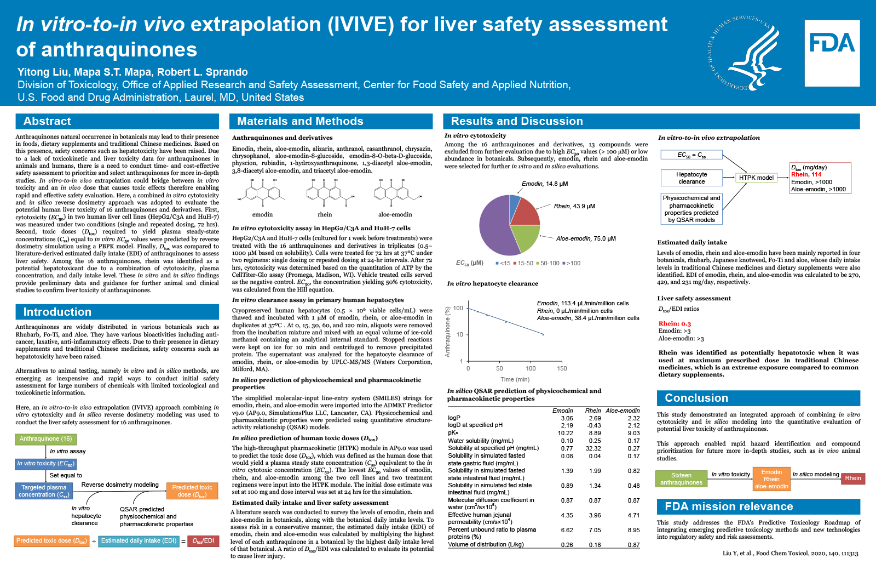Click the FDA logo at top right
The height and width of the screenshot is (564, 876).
pos(832,53)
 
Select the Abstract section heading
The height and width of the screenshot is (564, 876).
pos(47,121)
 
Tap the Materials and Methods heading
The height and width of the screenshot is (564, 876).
pos(300,121)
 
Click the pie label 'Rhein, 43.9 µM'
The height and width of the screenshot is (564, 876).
pos(574,206)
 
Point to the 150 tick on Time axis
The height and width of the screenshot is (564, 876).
pos(562,368)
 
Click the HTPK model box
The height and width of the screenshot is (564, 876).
pos(756,178)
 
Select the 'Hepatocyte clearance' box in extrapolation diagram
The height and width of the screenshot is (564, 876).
pos(691,178)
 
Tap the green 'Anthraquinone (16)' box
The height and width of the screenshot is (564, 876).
pos(46,438)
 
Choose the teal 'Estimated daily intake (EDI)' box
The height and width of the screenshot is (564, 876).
pos(139,540)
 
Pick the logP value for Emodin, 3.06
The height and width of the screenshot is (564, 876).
pos(567,418)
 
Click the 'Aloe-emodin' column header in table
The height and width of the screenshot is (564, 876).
pos(623,411)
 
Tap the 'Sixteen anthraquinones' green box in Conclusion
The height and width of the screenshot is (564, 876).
pos(681,478)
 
